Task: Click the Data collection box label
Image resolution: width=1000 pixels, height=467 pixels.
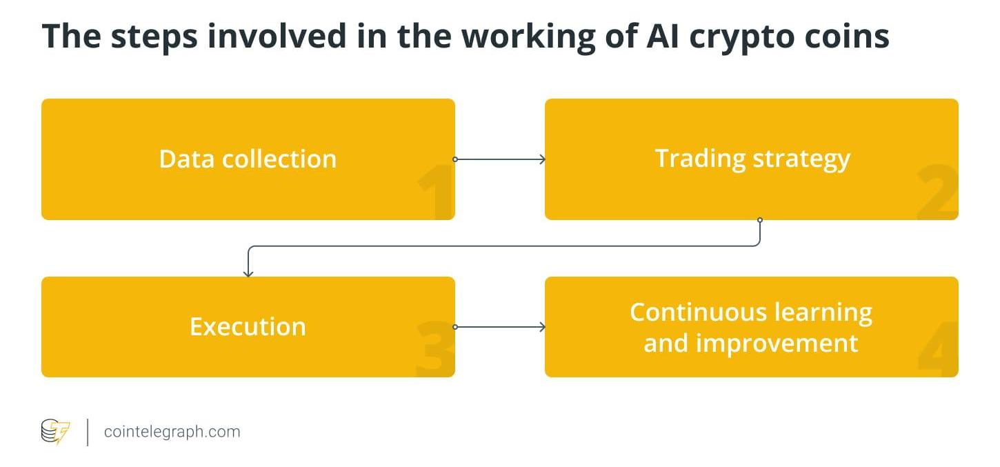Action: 248,159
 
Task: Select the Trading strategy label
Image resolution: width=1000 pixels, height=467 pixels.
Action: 752,160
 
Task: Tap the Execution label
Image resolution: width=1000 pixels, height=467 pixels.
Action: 248,326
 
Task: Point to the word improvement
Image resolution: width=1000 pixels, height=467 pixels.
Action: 777,344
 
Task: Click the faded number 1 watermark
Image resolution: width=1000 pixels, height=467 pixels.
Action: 436,192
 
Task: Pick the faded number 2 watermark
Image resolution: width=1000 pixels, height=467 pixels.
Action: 937,192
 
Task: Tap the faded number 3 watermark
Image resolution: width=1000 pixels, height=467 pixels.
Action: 435,349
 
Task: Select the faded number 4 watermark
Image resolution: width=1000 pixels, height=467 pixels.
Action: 937,349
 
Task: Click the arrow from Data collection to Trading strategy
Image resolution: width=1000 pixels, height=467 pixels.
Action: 499,159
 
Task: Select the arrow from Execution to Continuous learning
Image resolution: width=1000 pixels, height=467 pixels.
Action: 499,327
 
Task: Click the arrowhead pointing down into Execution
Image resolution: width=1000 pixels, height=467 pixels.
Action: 248,273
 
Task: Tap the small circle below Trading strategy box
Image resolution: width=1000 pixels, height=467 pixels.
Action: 760,220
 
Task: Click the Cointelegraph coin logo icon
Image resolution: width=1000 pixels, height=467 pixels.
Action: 55,432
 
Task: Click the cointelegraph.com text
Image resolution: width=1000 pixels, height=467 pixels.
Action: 172,433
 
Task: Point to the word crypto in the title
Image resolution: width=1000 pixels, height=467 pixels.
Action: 741,37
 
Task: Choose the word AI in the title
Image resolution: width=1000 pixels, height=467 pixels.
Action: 663,36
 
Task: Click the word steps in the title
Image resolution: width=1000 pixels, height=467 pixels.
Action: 154,37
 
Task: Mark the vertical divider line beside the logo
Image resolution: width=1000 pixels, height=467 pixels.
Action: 88,433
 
